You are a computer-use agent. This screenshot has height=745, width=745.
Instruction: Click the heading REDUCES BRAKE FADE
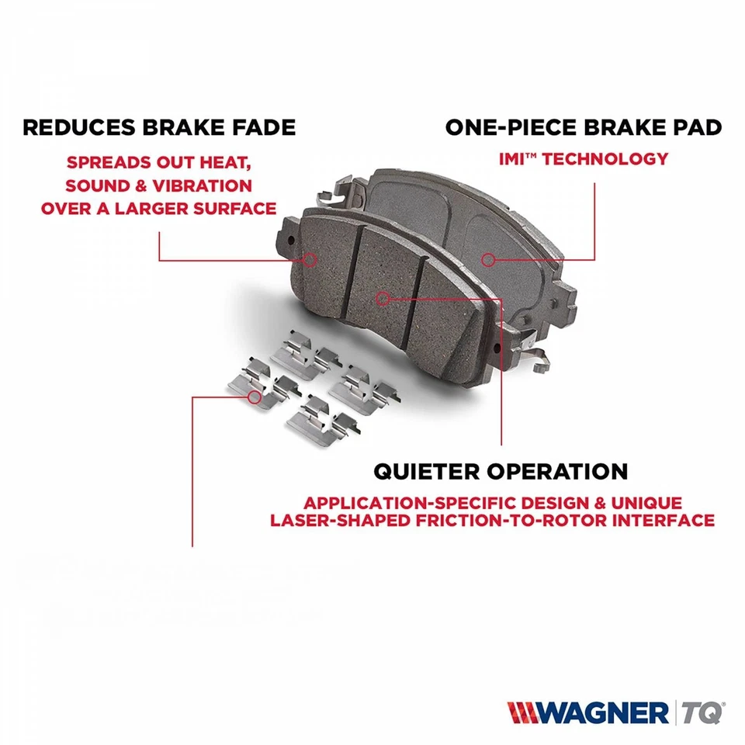click(x=159, y=127)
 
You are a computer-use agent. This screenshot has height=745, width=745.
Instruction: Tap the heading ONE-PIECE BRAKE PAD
click(x=584, y=127)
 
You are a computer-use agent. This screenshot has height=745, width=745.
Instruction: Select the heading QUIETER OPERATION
click(x=501, y=470)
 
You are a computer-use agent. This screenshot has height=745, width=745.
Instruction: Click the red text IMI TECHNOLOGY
click(x=583, y=159)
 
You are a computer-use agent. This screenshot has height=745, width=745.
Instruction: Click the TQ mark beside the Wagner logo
click(x=703, y=712)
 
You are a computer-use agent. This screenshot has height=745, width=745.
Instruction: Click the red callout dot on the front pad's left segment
click(x=310, y=259)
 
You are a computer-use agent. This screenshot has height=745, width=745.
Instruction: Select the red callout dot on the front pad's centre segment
click(x=382, y=297)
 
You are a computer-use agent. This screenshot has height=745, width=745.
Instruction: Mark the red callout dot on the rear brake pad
click(x=487, y=259)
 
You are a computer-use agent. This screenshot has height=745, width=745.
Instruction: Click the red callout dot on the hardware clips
click(x=254, y=397)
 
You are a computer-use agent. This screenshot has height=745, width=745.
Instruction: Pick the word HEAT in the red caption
click(x=227, y=164)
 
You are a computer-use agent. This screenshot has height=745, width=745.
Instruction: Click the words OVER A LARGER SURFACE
click(x=159, y=208)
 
